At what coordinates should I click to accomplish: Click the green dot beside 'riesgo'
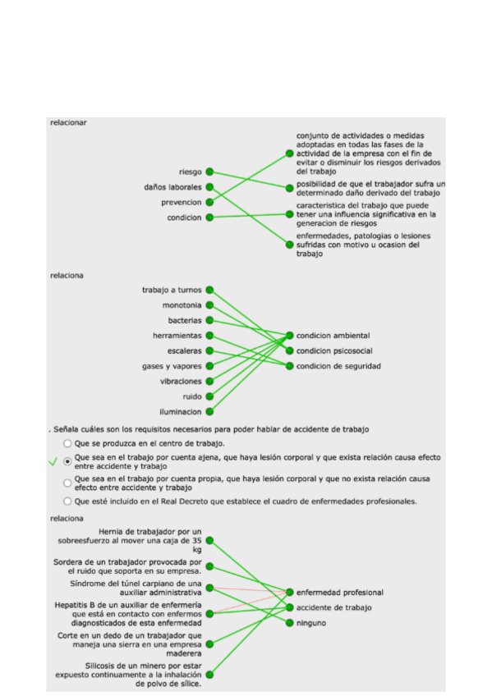click(209, 172)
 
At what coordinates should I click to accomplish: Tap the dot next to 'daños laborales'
click(209, 187)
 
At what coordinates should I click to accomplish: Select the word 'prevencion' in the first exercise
click(182, 202)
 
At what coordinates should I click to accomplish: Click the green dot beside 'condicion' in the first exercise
click(209, 217)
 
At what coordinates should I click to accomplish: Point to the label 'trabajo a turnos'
click(172, 290)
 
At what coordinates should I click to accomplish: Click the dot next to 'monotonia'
click(209, 305)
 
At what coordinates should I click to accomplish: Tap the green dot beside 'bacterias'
click(209, 320)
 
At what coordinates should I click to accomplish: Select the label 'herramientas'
click(177, 336)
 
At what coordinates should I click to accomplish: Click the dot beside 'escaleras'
click(209, 350)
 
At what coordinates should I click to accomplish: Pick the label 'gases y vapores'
click(172, 366)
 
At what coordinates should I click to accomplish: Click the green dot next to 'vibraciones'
click(209, 381)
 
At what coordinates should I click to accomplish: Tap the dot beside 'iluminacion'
click(209, 411)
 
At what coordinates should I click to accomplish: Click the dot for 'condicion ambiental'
click(290, 336)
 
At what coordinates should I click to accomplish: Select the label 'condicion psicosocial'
click(334, 350)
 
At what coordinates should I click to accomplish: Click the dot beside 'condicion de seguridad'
click(290, 366)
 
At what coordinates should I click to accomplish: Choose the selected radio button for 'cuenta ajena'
click(67, 461)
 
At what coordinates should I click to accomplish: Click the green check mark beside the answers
click(53, 462)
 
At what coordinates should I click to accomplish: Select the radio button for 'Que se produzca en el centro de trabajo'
click(67, 443)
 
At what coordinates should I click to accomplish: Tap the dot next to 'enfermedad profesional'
click(290, 592)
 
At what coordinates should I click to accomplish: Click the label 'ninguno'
click(311, 623)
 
